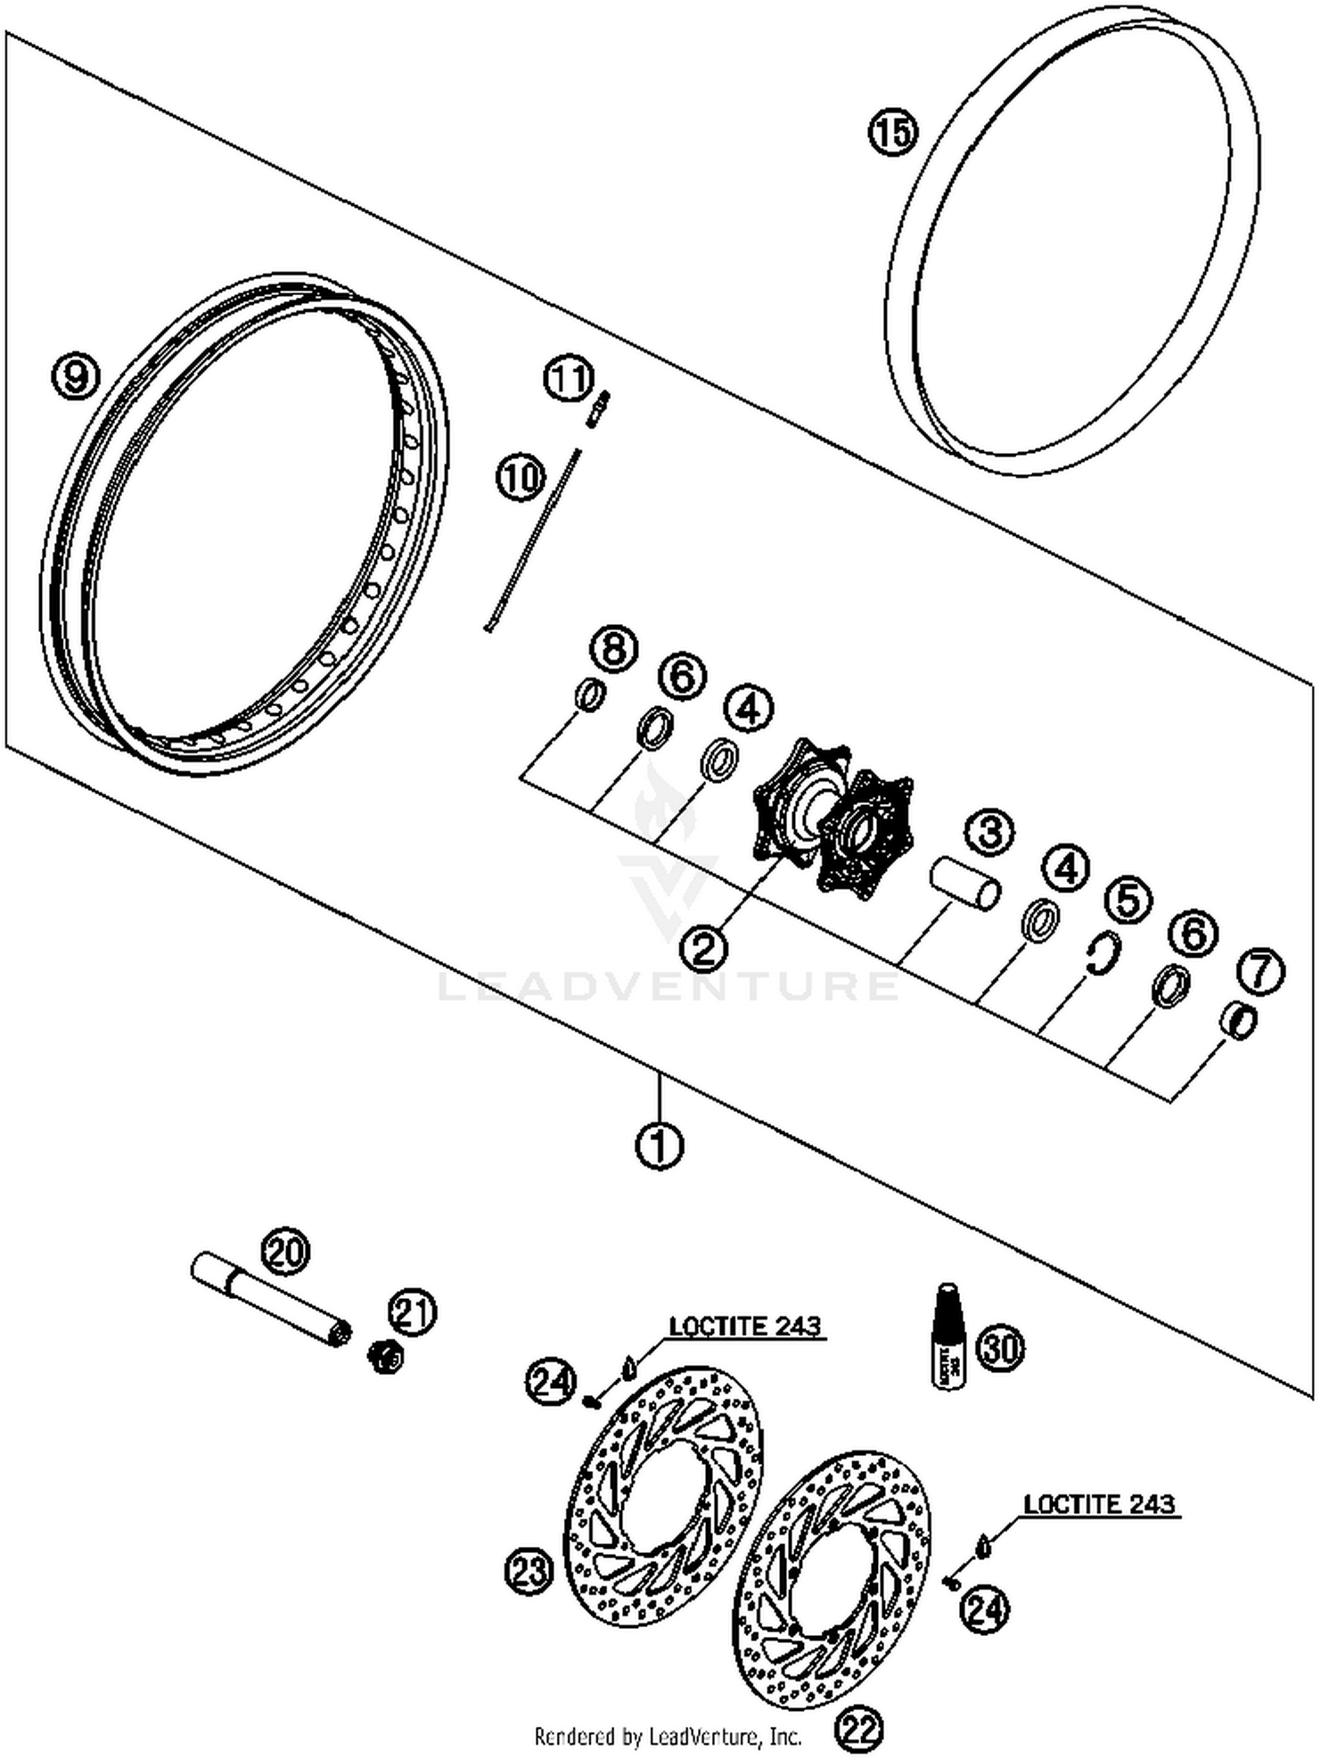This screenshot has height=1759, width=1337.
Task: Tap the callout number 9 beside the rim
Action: click(x=78, y=376)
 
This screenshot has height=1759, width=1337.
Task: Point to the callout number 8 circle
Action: click(x=614, y=648)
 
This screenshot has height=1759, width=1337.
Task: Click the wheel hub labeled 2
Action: click(x=833, y=816)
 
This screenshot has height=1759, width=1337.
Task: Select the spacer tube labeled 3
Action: click(x=964, y=884)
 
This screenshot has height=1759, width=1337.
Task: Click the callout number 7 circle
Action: click(x=1260, y=971)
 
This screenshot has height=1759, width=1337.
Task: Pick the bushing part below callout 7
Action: click(x=1237, y=1021)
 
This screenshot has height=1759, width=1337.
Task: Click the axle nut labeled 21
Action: click(x=386, y=1357)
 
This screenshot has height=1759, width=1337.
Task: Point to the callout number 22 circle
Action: click(x=858, y=1730)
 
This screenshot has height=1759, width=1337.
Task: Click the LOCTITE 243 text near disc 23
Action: click(x=745, y=1326)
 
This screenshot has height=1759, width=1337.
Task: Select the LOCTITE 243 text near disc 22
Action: click(x=1099, y=1504)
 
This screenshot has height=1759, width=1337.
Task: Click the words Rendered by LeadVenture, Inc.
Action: click(x=668, y=1736)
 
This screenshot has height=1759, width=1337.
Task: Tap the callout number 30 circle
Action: click(x=1000, y=1347)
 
